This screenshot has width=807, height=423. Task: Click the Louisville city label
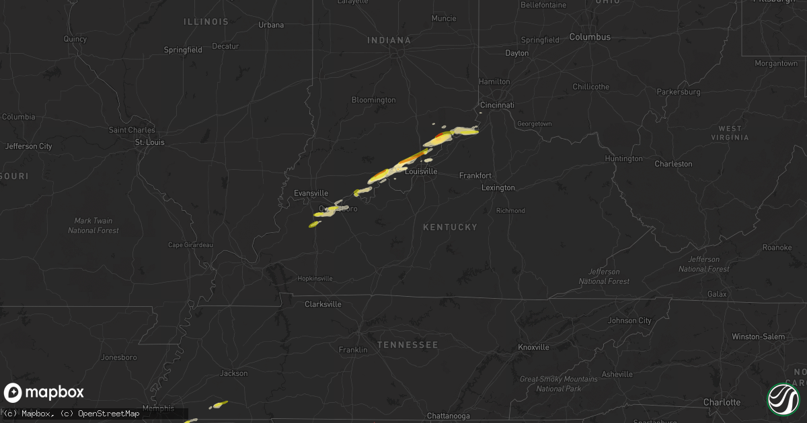(421, 172)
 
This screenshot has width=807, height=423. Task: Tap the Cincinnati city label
(497, 105)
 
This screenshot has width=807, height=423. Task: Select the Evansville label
(311, 193)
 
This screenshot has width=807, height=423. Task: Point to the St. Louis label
(149, 142)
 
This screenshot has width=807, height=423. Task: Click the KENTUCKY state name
(450, 228)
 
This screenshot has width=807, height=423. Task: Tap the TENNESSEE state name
(408, 345)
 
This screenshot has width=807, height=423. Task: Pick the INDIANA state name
(389, 41)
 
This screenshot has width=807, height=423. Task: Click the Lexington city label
(498, 188)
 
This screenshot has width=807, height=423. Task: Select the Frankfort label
(475, 176)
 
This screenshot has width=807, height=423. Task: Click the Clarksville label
(323, 304)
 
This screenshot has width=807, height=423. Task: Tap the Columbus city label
(590, 37)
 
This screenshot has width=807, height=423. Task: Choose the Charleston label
(673, 164)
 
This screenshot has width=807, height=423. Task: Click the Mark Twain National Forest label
(93, 226)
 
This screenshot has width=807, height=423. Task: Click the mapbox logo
(44, 393)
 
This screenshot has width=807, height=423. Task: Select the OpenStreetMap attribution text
(108, 414)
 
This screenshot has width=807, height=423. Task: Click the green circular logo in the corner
(783, 398)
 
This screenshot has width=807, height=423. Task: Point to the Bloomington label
(373, 100)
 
